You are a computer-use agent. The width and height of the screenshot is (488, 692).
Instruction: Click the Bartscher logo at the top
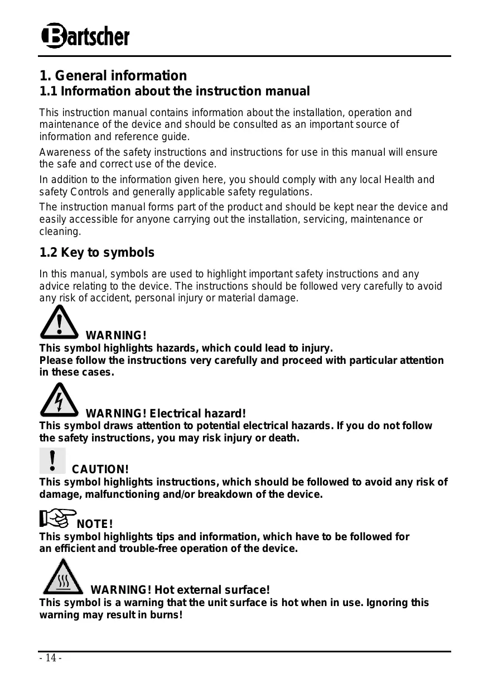click(x=85, y=37)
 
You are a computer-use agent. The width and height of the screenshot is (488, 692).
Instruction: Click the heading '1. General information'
click(x=113, y=75)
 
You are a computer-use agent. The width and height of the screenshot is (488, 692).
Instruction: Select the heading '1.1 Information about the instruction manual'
click(x=174, y=91)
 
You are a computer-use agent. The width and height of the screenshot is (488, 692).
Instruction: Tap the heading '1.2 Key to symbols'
click(x=96, y=253)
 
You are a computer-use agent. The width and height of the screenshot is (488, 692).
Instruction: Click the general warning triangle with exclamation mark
click(x=59, y=323)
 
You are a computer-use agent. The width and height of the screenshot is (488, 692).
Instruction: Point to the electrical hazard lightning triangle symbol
click(x=59, y=400)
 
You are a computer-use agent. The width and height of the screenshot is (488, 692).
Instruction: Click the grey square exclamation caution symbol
click(x=52, y=460)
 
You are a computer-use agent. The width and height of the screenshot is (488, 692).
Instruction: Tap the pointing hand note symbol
click(x=57, y=518)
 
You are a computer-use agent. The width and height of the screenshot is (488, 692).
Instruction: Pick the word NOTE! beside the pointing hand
click(x=95, y=524)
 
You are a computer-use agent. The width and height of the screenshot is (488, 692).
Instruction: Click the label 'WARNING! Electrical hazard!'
click(x=165, y=414)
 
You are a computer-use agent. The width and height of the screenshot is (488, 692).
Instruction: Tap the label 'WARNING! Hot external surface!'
click(x=180, y=590)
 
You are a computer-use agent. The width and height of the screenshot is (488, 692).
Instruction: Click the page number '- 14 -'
click(x=50, y=659)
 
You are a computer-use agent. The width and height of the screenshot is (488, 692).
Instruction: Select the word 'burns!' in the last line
click(x=167, y=615)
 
